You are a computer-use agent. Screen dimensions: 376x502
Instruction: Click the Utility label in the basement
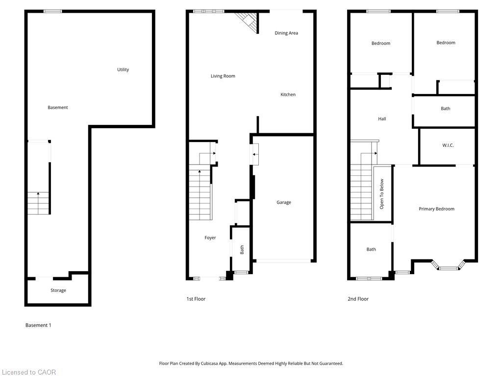(x=123, y=70)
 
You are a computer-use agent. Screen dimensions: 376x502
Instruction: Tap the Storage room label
(x=58, y=290)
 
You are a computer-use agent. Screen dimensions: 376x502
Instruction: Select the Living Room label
(x=223, y=76)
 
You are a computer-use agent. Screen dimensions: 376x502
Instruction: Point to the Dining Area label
(x=286, y=33)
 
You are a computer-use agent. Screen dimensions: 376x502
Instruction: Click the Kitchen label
(x=288, y=94)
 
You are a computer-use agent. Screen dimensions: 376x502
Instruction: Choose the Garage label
(x=284, y=202)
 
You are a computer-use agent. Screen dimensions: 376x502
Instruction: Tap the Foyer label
(x=210, y=238)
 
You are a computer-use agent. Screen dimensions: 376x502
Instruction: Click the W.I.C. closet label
(x=448, y=145)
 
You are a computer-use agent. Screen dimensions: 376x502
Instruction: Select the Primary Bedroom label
(x=436, y=209)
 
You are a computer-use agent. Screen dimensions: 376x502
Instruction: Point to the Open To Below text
(x=382, y=194)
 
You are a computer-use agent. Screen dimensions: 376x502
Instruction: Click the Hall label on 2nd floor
(x=382, y=119)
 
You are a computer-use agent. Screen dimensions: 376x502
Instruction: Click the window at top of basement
(x=52, y=11)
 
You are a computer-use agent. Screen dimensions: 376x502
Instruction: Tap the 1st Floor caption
(x=196, y=299)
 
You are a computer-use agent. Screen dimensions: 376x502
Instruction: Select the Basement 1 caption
(x=38, y=325)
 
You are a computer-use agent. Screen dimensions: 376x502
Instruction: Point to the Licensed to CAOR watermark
(x=28, y=372)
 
